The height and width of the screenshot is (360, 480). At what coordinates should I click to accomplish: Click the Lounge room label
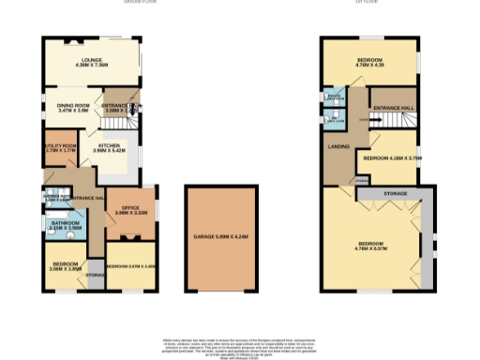[x=92, y=63]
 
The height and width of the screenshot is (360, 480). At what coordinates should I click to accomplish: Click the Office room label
[x=132, y=211]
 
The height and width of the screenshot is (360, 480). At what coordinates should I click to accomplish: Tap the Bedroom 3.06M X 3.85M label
[x=66, y=266]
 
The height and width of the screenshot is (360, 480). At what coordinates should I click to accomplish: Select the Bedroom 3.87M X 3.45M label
[x=130, y=266]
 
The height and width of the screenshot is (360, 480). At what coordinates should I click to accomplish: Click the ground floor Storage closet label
[x=95, y=275]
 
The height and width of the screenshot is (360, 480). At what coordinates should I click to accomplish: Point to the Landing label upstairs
[x=338, y=146]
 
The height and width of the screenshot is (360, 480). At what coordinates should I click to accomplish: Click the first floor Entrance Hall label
[x=393, y=111]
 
